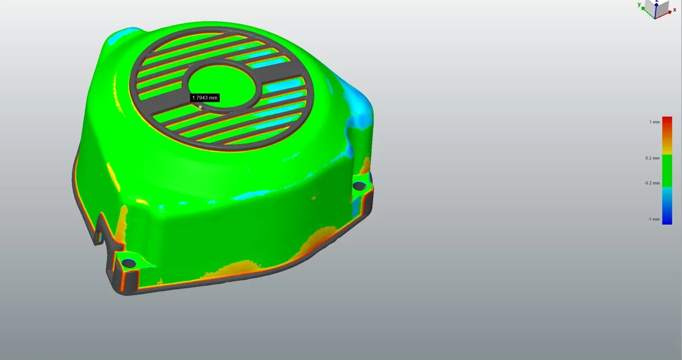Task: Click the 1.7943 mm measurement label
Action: click(205, 98)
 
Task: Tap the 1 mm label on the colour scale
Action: click(655, 122)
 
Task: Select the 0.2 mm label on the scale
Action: click(653, 158)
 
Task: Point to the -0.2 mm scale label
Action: click(652, 183)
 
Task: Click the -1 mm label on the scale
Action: click(654, 219)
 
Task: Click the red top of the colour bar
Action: click(667, 122)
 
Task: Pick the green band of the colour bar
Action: click(667, 171)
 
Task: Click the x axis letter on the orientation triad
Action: click(675, 10)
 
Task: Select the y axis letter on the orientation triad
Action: click(639, 5)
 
